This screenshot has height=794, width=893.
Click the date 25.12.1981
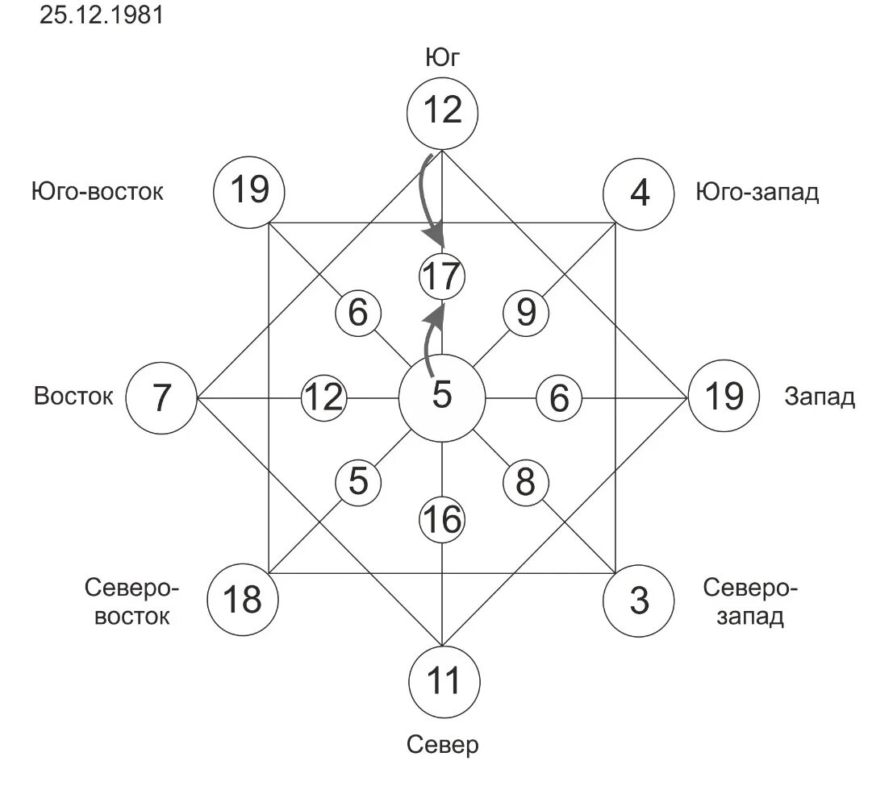tap(101, 15)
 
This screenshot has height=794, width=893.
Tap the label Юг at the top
tap(442, 58)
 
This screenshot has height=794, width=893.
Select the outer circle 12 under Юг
tap(442, 110)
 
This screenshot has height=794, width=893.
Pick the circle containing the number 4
tap(638, 193)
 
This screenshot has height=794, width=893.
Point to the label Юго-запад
tap(757, 193)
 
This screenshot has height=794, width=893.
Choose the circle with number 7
tap(162, 397)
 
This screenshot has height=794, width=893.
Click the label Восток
tap(73, 397)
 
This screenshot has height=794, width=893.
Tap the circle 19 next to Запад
tap(723, 397)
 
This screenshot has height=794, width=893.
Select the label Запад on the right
tap(820, 397)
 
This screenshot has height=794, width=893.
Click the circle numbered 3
tap(638, 601)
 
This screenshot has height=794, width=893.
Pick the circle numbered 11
tap(442, 681)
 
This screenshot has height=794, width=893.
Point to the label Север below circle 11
tap(442, 744)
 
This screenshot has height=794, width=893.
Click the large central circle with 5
tap(442, 397)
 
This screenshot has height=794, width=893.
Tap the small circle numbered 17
tap(442, 277)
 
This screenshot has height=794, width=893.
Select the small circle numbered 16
tap(442, 520)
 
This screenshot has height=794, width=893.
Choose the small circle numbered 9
tap(526, 312)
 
